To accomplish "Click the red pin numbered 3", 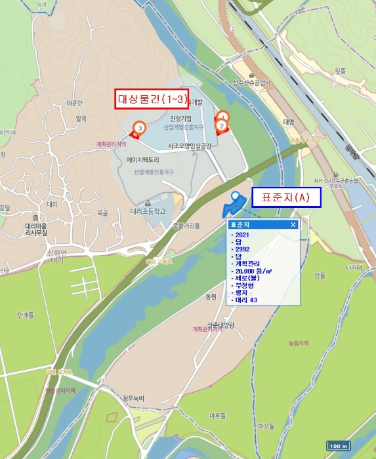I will tap(138, 128).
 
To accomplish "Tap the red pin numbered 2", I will tap(221, 125).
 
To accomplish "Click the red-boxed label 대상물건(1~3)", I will tap(152, 99).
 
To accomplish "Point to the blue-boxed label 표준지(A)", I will tap(286, 197).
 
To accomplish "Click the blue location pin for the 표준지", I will tap(235, 198).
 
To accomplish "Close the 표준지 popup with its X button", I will tap(293, 224).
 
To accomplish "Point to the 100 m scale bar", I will tap(338, 446).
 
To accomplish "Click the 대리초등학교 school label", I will tap(148, 212).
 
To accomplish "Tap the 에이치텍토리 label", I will tap(143, 160).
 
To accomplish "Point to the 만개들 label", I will tap(26, 315).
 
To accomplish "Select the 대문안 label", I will tap(74, 103).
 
